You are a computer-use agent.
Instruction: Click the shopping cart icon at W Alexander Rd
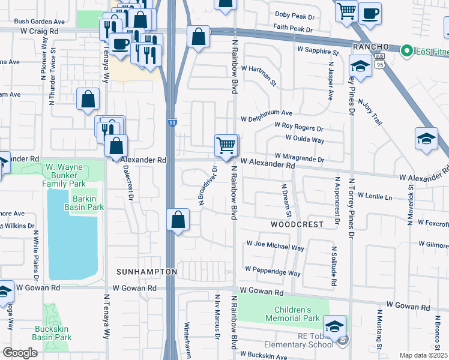pos(227,145)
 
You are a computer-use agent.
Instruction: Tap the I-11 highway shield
pos(172,122)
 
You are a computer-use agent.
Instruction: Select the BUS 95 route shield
pos(379,62)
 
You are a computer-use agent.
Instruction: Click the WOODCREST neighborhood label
pos(297,224)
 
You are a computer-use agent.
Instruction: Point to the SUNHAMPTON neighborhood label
pos(146,272)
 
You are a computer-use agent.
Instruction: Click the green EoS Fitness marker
pos(406,50)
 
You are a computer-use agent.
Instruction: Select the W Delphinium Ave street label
pos(266,112)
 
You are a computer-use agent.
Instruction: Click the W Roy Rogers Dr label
pos(298,127)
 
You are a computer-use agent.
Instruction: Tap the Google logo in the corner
pos(20,353)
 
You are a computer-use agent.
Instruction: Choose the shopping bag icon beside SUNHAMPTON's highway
pos(178,220)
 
